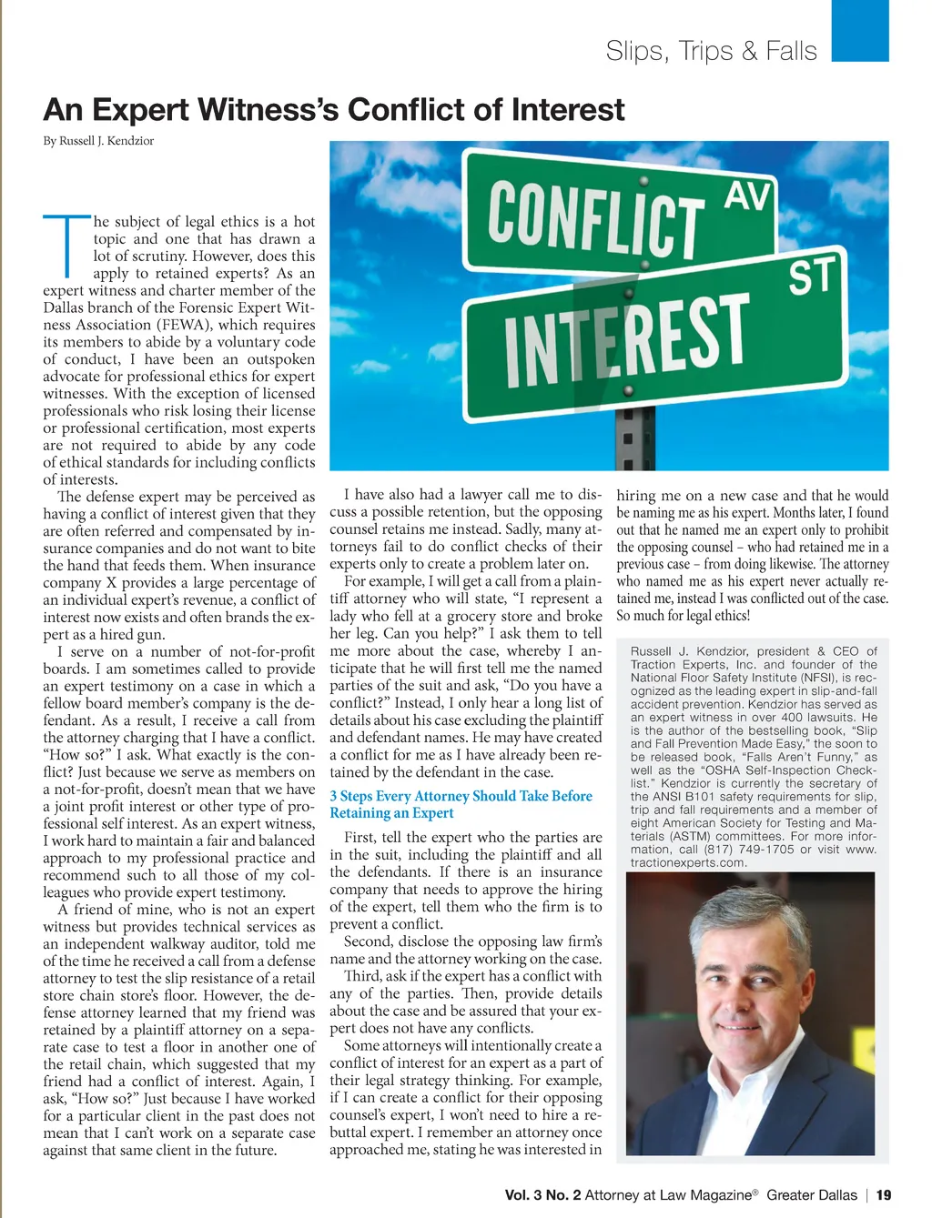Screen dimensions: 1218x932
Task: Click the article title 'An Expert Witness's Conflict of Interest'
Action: [x=333, y=111]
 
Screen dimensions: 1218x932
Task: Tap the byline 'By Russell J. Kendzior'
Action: [x=98, y=141]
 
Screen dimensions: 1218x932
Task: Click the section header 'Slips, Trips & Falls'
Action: [x=711, y=51]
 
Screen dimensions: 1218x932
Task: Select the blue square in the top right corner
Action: [x=860, y=30]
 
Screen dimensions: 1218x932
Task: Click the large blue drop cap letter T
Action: [x=66, y=245]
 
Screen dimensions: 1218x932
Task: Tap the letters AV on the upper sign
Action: [x=748, y=196]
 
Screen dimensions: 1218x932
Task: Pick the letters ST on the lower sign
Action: [x=812, y=276]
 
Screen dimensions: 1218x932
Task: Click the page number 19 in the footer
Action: [x=884, y=1195]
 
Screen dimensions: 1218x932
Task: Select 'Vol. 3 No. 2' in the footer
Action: [x=542, y=1195]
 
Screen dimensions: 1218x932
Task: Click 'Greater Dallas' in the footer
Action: [x=812, y=1195]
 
